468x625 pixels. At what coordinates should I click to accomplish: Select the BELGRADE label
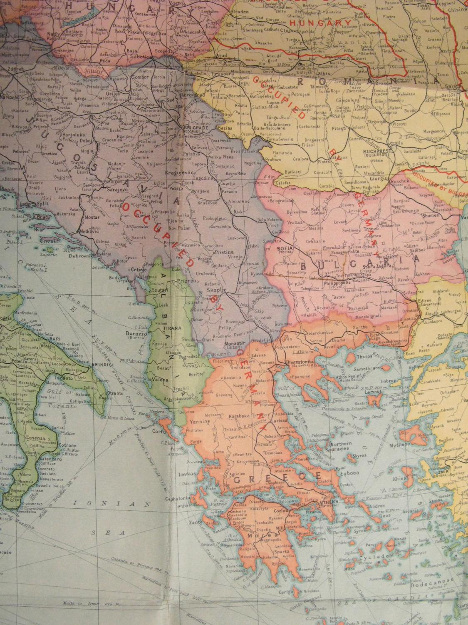point(195,128)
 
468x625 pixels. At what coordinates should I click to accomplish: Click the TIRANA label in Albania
point(174,328)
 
